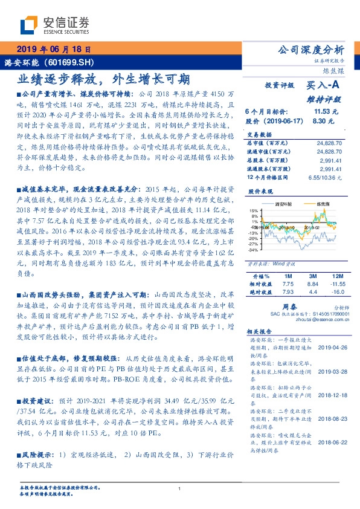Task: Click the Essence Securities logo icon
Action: [30, 25]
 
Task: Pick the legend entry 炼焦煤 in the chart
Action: [318, 206]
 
